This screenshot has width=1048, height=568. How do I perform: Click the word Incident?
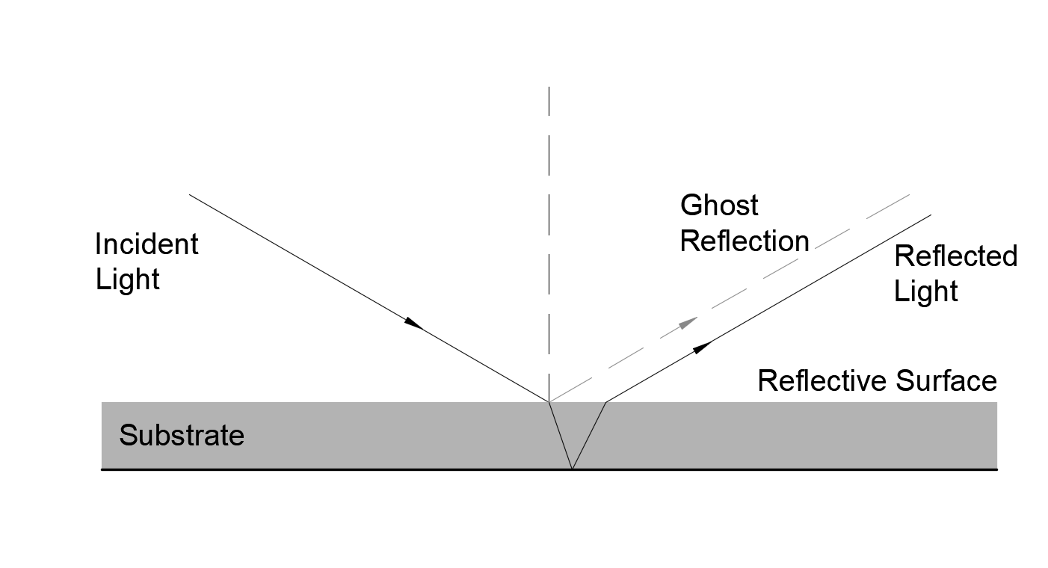(x=147, y=244)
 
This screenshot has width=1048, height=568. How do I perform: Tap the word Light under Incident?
(x=127, y=280)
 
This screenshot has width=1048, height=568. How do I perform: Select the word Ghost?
(x=719, y=206)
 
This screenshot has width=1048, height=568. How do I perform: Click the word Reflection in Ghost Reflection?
(x=745, y=241)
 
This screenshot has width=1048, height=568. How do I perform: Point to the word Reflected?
(x=955, y=256)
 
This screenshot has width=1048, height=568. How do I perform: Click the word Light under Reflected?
(x=925, y=291)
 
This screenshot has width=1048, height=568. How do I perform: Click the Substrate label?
(x=182, y=436)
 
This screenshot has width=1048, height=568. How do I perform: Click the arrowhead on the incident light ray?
(x=414, y=324)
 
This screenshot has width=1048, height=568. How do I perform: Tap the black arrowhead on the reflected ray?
(x=701, y=347)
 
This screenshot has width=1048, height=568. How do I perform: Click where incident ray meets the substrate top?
(x=549, y=402)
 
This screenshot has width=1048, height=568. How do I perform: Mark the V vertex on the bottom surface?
(x=572, y=469)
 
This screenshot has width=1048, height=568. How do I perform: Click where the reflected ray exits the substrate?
(x=605, y=402)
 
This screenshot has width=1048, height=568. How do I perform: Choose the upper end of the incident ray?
(x=190, y=195)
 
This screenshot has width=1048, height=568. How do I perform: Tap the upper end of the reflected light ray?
(x=931, y=215)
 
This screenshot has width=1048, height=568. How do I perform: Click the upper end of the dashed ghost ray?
(x=909, y=195)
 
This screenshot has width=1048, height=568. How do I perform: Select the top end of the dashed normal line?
(x=549, y=87)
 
